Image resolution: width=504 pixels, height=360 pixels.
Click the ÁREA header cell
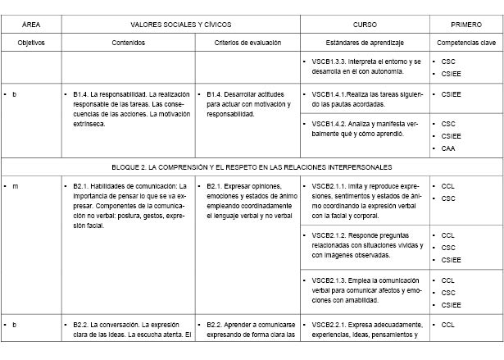pos(30,25)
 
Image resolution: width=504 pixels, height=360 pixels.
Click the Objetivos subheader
pos(30,41)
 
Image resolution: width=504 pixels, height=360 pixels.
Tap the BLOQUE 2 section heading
pos(252,167)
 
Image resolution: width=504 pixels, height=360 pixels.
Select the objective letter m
pos(16,186)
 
